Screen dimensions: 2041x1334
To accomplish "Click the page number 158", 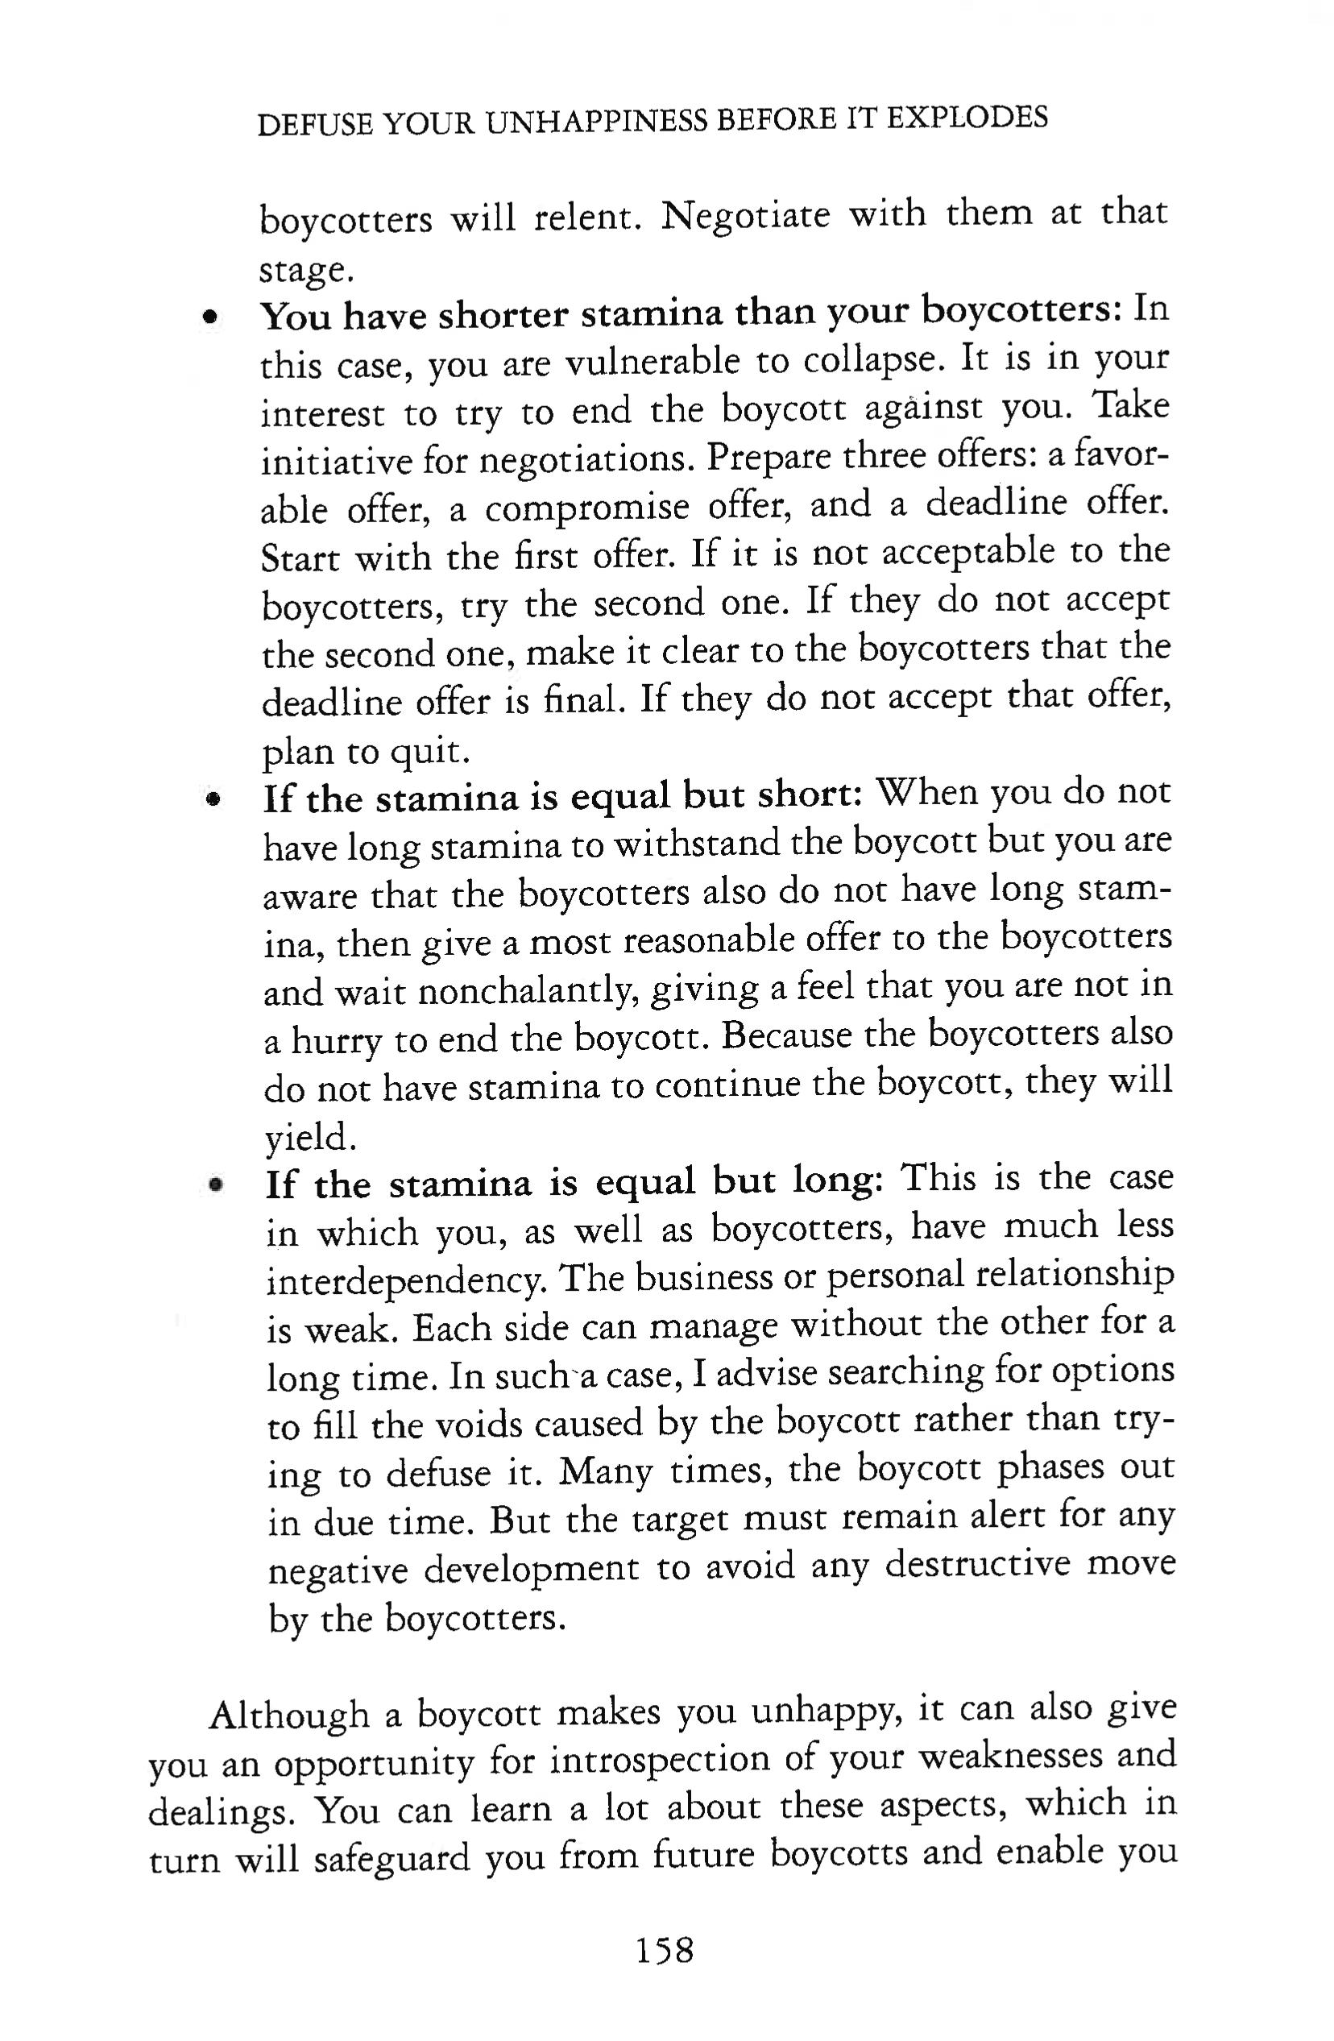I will [x=665, y=1950].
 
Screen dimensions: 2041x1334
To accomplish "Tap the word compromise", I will [x=586, y=508].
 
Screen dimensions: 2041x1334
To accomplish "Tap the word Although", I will [x=289, y=1716].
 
